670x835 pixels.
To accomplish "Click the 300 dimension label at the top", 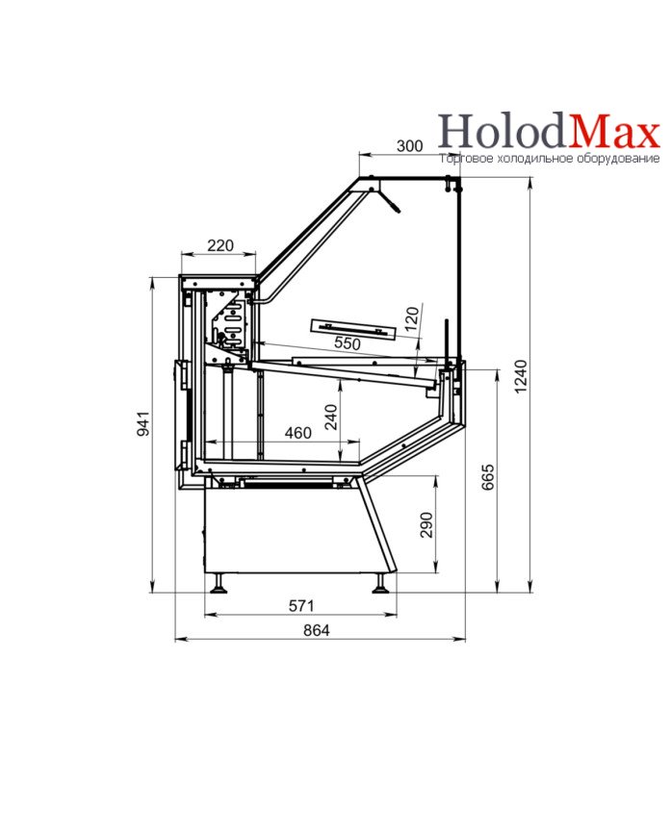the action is coord(409,145).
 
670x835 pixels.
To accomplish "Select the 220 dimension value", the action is coord(220,245).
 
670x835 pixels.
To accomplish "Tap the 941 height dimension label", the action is coord(143,423).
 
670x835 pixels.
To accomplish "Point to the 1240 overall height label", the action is coord(521,376).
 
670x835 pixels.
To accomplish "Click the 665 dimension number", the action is coord(488,476).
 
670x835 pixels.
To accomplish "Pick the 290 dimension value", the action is coord(426,524).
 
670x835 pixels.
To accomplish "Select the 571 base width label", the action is coord(301,605).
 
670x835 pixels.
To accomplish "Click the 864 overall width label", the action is coord(317,630).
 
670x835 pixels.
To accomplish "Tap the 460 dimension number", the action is coord(298,433).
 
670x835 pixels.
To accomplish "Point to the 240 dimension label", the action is coord(331,417).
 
